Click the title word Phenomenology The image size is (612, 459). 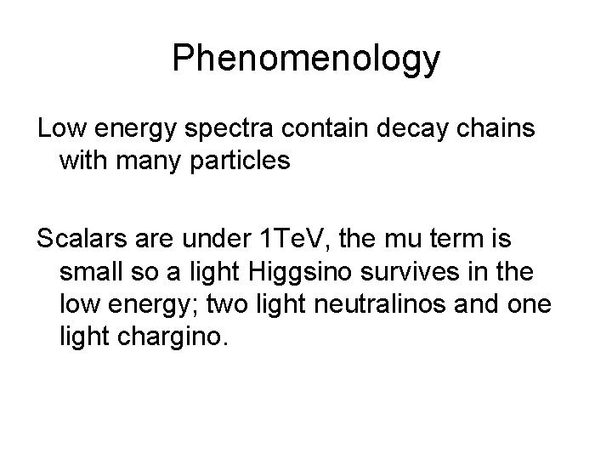pos(306,58)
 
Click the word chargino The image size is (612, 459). pos(174,337)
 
